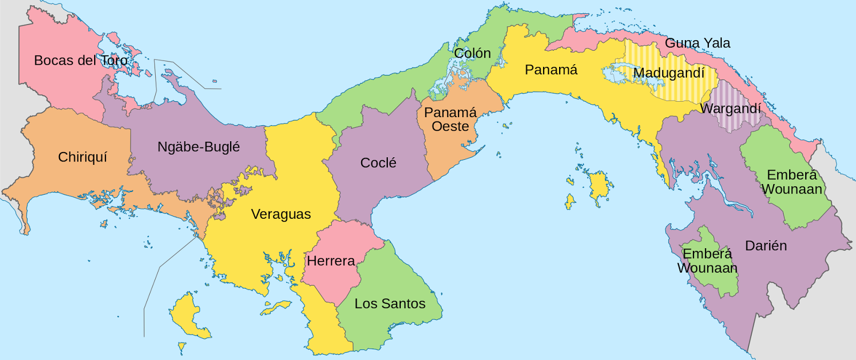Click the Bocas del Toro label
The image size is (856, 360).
coord(81,60)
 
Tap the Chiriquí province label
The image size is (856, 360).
coord(82,157)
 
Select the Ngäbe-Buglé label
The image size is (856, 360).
coord(198,147)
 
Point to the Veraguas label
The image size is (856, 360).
coord(281,215)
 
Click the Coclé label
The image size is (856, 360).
coord(378,163)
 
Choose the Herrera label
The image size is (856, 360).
coord(331,261)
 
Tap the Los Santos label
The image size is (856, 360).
coord(390,304)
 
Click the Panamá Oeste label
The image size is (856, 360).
coord(450,120)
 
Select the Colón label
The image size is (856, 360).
coord(472,53)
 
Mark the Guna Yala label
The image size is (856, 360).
coord(697,43)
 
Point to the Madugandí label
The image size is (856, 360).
coord(669,73)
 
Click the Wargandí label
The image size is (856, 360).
coord(730,109)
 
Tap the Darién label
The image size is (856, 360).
coord(766,246)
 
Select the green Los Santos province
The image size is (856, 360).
coord(396,278)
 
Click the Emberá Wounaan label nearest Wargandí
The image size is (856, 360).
coord(792,182)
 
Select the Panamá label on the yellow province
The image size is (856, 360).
coord(551,70)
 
